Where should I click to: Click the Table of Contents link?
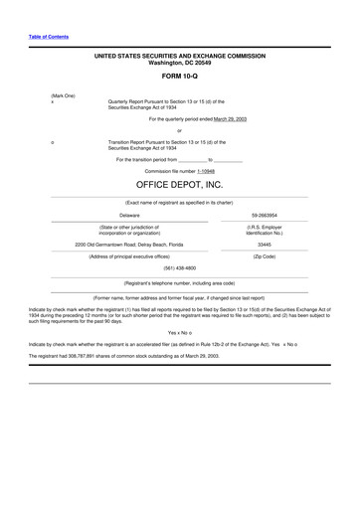pos(48,36)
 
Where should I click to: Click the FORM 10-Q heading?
pos(179,76)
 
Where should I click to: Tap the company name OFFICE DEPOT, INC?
pos(179,185)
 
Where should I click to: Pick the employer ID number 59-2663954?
pos(265,214)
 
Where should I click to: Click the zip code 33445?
pos(265,243)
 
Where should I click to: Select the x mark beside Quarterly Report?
pos(52,101)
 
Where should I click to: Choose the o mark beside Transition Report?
pos(52,142)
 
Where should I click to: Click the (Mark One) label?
pos(64,94)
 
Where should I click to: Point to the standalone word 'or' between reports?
pos(179,130)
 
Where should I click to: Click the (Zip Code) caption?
pos(265,255)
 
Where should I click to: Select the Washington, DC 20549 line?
pos(179,64)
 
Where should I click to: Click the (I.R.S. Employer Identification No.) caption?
pos(265,230)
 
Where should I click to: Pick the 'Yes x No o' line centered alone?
pos(179,332)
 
